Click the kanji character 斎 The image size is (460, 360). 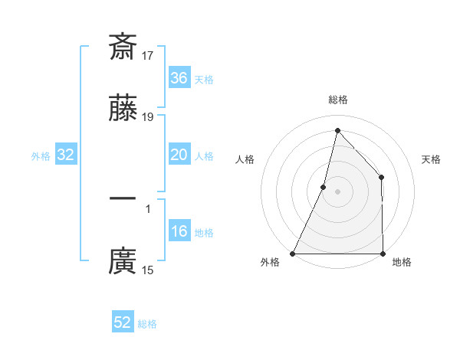123,47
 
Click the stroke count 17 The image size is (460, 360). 149,56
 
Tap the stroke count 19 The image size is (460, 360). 149,116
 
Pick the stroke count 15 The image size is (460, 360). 149,270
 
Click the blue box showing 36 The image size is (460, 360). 179,78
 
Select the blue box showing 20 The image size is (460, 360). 179,155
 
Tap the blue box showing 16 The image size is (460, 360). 179,231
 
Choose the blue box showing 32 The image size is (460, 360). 66,155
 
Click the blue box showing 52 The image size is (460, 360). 123,322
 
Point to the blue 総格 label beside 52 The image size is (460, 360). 147,324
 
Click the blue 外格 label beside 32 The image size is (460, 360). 41,156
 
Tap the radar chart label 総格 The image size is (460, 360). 337,100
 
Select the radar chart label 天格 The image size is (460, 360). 431,159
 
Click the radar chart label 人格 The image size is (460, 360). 245,159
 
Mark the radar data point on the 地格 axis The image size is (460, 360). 383,254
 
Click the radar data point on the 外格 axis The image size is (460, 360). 293,254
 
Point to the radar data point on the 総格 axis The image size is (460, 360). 337,130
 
